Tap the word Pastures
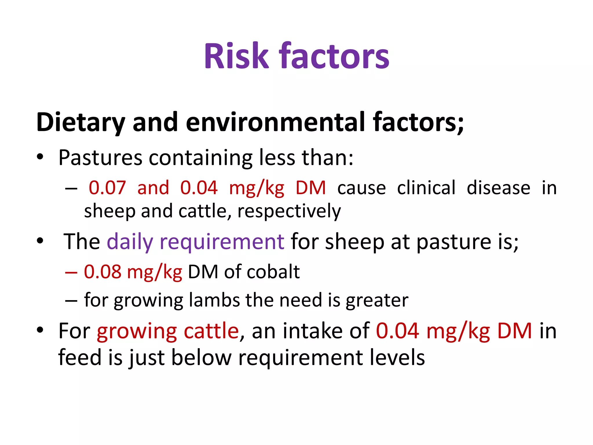[100, 158]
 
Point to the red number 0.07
[107, 188]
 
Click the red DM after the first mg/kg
[311, 188]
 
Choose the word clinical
[426, 188]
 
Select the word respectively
[289, 211]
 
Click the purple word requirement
[222, 242]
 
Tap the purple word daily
[130, 242]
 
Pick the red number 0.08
[103, 272]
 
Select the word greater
[377, 300]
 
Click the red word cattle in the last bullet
[211, 331]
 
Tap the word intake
[313, 331]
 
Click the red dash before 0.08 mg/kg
[71, 273]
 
